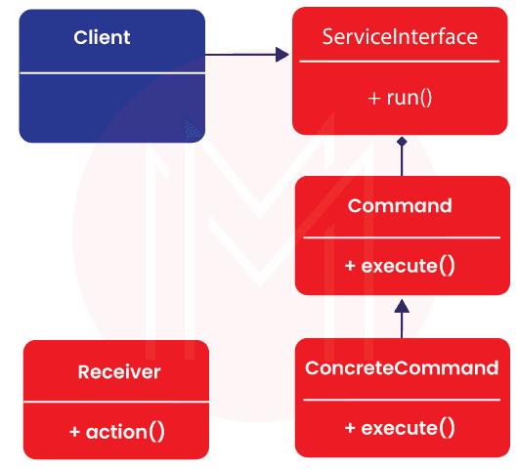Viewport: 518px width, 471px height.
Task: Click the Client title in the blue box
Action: point(102,38)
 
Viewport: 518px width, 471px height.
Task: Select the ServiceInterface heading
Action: point(400,37)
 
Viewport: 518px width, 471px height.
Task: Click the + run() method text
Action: point(400,97)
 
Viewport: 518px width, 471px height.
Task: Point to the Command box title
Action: point(400,206)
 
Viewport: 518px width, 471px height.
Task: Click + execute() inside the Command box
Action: point(400,266)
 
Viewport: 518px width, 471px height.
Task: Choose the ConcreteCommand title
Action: point(402,368)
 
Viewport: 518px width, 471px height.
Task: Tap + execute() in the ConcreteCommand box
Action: point(400,427)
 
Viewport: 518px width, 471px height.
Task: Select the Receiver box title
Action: point(118,372)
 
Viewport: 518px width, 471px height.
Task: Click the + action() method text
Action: point(117,431)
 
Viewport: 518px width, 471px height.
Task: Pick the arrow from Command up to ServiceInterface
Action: point(401,156)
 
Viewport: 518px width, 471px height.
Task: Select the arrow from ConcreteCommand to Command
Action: point(401,318)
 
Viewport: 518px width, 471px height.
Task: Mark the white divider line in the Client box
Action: point(114,72)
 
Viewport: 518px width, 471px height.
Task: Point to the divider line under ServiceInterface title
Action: point(400,62)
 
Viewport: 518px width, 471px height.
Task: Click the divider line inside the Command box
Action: point(400,237)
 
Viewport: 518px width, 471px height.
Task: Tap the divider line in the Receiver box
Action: point(117,402)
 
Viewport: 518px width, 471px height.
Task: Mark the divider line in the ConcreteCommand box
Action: point(402,399)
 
